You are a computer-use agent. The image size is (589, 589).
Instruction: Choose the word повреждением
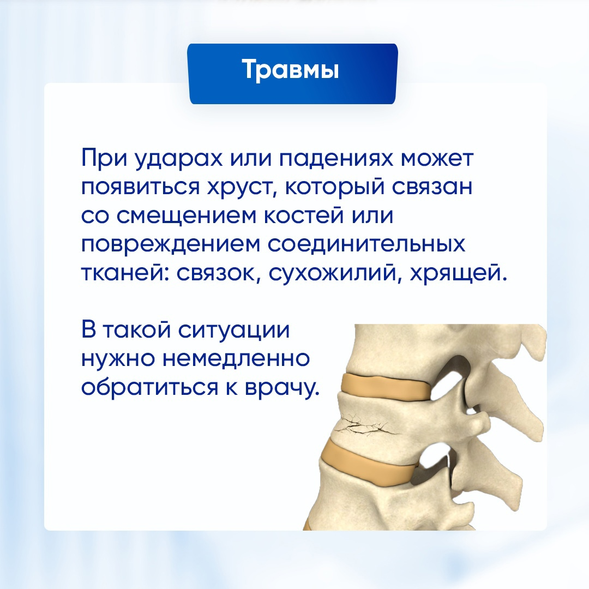[x=170, y=244]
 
